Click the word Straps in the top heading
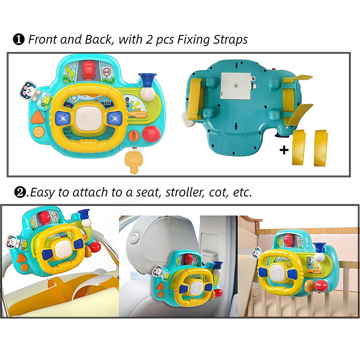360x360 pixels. coord(230,40)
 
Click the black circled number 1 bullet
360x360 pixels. coord(18,40)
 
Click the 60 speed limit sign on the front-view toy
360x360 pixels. coord(107,72)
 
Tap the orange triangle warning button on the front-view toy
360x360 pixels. coord(38,117)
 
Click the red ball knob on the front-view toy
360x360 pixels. coord(151,134)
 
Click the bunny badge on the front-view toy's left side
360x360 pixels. coord(28,89)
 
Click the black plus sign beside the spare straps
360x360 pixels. coord(284,150)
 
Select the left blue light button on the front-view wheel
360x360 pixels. coord(63,118)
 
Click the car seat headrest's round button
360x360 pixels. coord(134,238)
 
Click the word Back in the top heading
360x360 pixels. coord(98,40)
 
